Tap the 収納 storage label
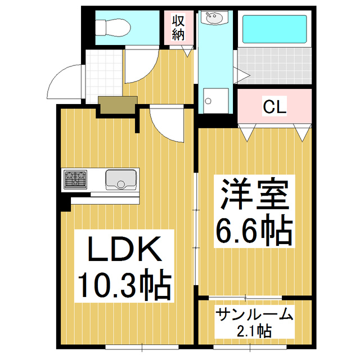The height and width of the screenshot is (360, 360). click(x=178, y=28)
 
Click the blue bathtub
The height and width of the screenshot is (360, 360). click(x=274, y=30)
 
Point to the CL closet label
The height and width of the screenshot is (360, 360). click(x=275, y=106)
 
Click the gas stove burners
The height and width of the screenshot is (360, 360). click(x=75, y=179)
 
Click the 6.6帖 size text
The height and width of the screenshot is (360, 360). click(x=254, y=228)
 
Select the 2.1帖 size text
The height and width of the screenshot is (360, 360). click(x=254, y=330)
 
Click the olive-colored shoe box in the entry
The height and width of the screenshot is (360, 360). click(x=118, y=103)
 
